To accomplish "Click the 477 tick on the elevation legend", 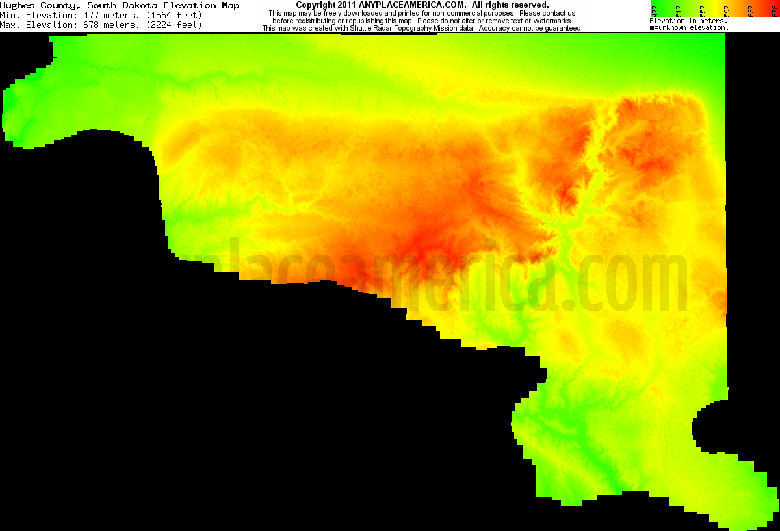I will click(654, 10).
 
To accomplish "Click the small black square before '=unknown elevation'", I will click(652, 28).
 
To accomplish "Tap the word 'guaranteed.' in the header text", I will click(561, 29).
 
